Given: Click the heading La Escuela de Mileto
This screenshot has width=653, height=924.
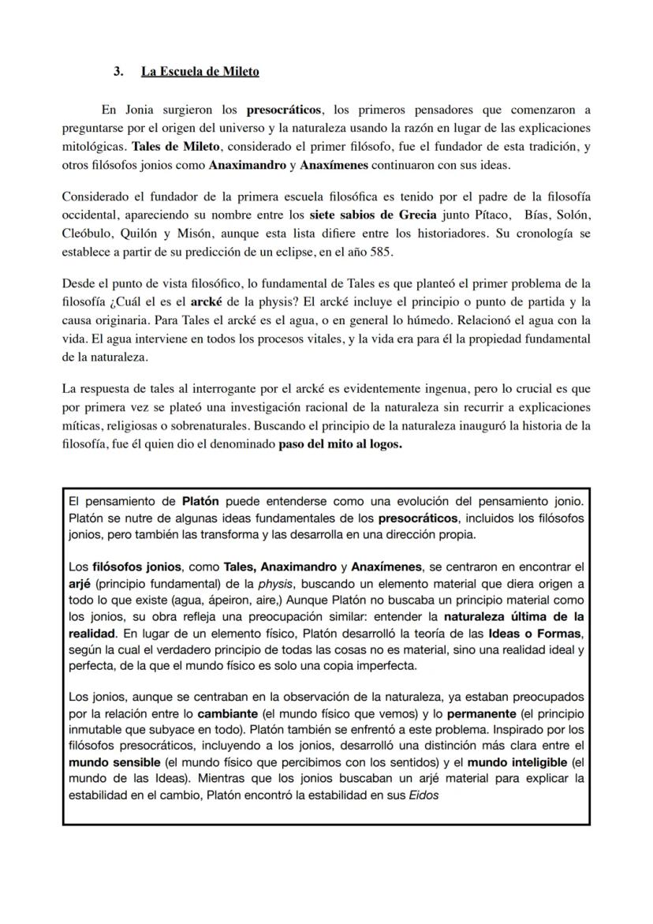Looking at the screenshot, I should tap(200, 72).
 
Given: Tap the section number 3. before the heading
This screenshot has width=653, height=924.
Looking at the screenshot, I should tap(118, 72).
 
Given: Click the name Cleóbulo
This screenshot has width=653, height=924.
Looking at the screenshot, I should tap(86, 234).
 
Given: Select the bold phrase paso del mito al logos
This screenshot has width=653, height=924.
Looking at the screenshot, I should tap(340, 444).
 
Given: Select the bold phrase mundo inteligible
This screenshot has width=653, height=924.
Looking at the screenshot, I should tap(516, 762).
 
